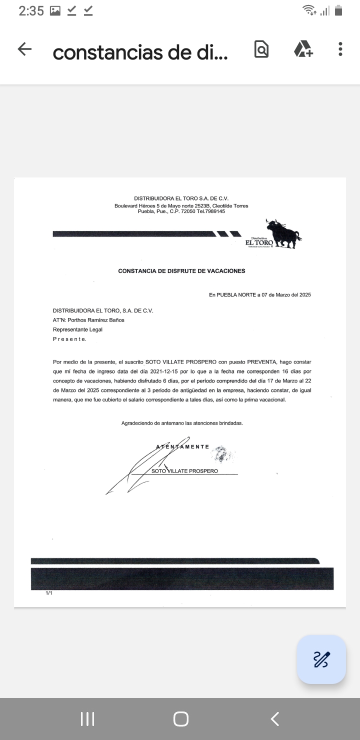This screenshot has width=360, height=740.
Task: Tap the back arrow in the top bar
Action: point(24,49)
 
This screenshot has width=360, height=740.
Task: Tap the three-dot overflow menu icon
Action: point(340,49)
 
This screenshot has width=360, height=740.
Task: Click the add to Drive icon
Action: point(303,49)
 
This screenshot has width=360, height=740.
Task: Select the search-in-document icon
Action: point(261,49)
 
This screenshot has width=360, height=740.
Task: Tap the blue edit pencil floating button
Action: point(321,659)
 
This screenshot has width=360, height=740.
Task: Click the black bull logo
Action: point(283,233)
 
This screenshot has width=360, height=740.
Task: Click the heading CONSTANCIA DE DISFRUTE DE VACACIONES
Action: point(181,271)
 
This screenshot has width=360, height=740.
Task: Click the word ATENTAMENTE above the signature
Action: point(183,446)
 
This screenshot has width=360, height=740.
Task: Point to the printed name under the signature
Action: point(184,470)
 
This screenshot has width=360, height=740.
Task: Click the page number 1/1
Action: point(49,593)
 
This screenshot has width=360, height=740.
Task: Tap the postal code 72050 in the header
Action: point(189,211)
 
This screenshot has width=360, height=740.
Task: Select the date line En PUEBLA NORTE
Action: point(259,295)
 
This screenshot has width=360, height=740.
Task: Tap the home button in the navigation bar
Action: point(180,719)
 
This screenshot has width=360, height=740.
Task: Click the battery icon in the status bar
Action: point(338,10)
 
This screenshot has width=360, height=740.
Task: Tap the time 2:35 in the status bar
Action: point(31,10)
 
